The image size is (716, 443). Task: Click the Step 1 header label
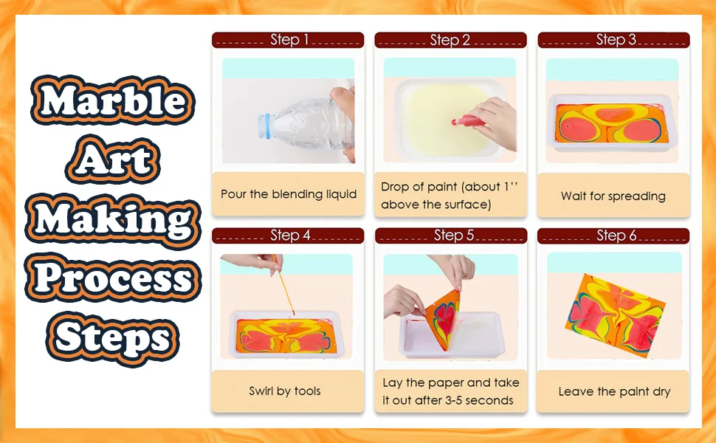pos(289,40)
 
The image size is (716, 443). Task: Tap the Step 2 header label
pos(450,40)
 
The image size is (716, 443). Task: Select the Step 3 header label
pos(616,40)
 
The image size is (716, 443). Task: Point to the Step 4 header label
pos(290,236)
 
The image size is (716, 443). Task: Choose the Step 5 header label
pos(454,236)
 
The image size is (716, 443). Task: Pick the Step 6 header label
pos(616,236)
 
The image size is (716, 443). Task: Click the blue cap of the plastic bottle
pos(264,126)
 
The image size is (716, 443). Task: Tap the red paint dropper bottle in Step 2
pos(469,122)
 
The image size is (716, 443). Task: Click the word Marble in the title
pos(113,100)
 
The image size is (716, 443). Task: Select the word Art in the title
pos(113,159)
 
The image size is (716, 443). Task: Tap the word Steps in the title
pos(112,338)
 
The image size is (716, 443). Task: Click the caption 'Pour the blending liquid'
pos(289,194)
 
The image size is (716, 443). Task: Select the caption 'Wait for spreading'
pos(613,196)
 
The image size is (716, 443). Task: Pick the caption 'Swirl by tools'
pos(285,391)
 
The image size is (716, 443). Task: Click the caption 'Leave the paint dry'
pos(614,391)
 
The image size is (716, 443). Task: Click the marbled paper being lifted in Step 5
pos(443,318)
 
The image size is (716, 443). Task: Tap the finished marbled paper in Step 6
pos(615,315)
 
